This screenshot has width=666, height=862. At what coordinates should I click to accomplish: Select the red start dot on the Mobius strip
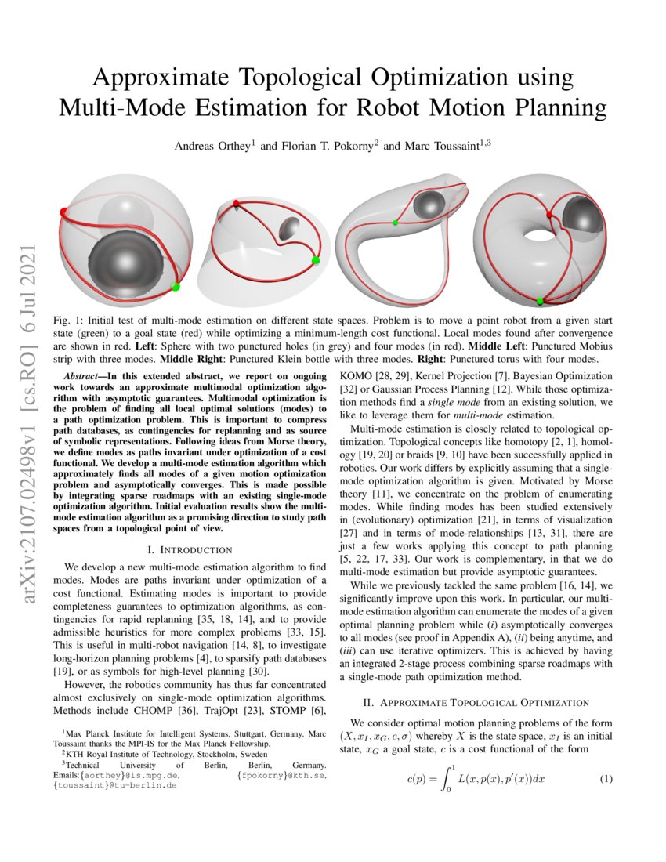click(x=237, y=204)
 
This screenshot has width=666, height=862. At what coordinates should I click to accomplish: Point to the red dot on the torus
click(x=549, y=212)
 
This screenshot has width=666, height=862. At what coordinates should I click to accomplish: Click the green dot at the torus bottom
click(x=540, y=300)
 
